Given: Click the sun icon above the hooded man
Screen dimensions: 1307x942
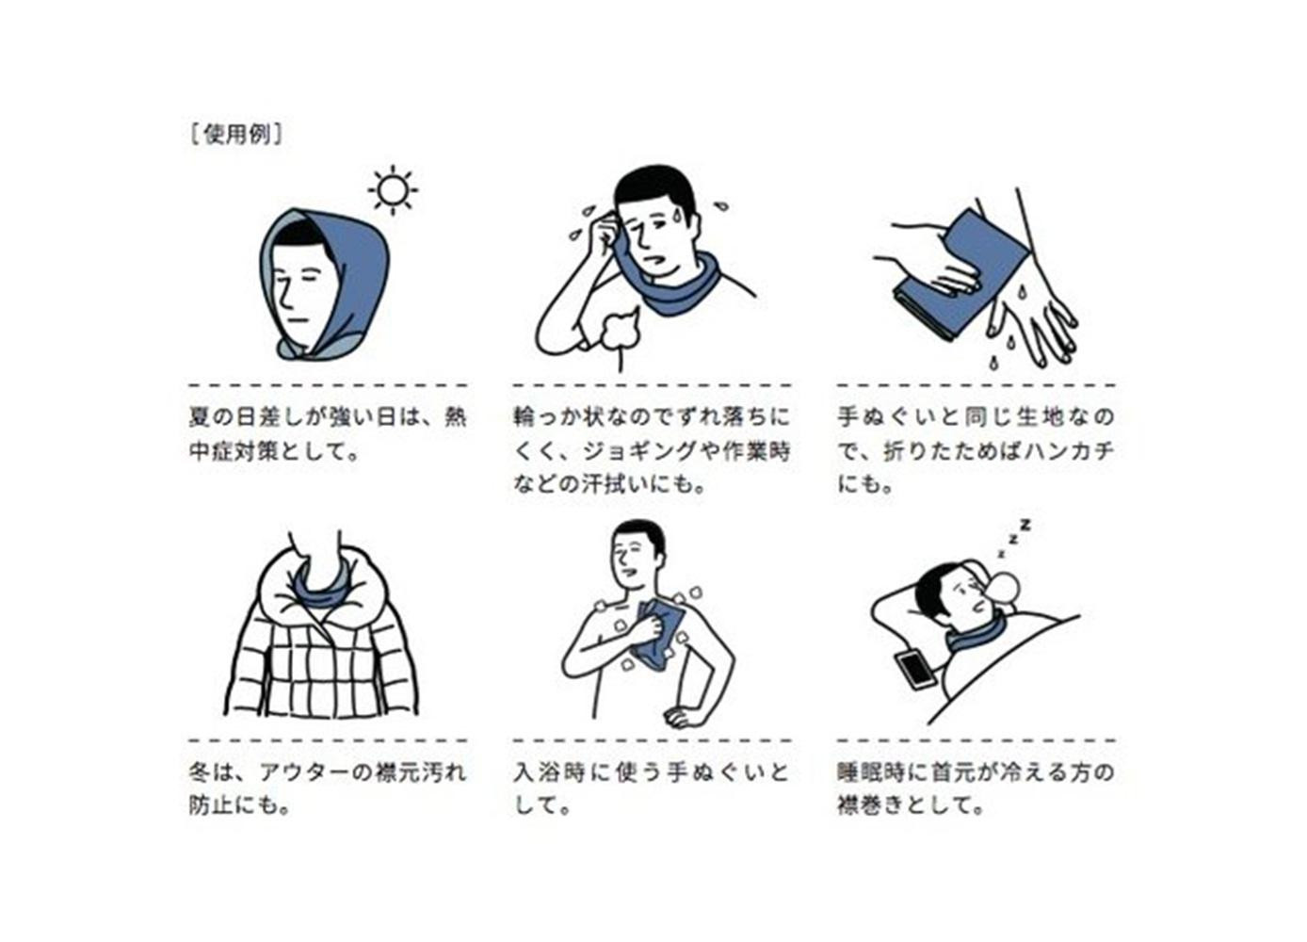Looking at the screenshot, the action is (x=393, y=189).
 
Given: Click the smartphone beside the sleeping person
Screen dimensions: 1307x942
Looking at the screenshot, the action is (x=913, y=670).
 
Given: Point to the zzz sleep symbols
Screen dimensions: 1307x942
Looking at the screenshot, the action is (x=1015, y=536).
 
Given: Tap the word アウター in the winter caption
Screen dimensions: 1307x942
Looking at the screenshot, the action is (x=304, y=772).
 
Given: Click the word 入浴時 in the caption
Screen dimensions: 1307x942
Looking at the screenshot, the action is (x=548, y=772).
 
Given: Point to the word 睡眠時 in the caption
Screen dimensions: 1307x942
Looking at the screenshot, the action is (x=872, y=772).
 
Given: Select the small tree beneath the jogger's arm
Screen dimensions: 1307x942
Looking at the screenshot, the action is (x=621, y=336).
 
